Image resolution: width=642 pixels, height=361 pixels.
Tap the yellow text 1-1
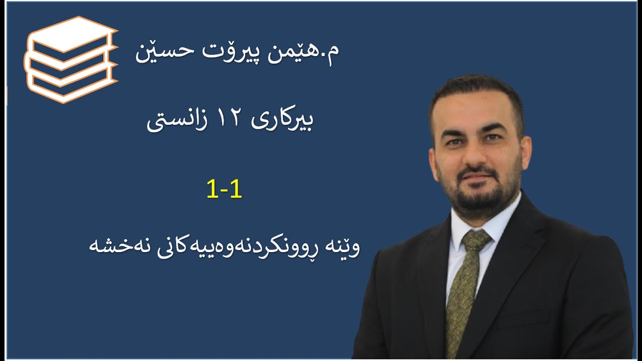pos(224,190)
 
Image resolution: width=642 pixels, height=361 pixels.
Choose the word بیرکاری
pos(286,122)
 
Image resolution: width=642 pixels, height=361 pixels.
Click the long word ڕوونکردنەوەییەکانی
pos(228,247)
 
